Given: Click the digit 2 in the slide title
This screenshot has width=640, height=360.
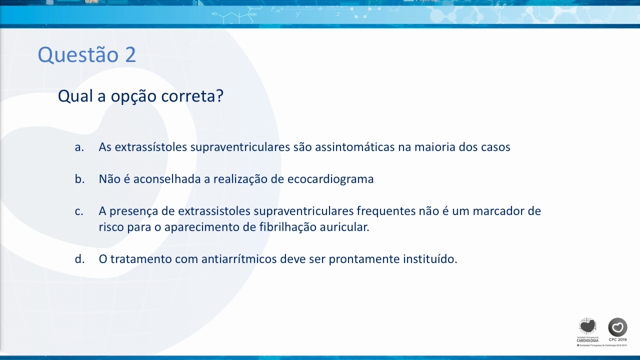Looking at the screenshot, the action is click(x=130, y=54).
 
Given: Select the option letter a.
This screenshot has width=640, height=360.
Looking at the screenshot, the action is click(x=79, y=147).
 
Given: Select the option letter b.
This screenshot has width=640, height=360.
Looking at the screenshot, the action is click(x=79, y=179).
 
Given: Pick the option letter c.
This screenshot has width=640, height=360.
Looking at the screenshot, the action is click(x=79, y=211).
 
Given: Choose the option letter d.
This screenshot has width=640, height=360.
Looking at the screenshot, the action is click(x=79, y=259).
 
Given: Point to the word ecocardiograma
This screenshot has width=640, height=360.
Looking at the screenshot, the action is click(x=330, y=179).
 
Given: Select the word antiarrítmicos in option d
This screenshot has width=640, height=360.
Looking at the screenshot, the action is click(x=239, y=259).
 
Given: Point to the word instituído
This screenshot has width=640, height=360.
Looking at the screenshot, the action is click(x=430, y=259).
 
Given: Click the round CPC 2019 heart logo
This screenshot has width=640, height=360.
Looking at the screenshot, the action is click(x=617, y=327).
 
